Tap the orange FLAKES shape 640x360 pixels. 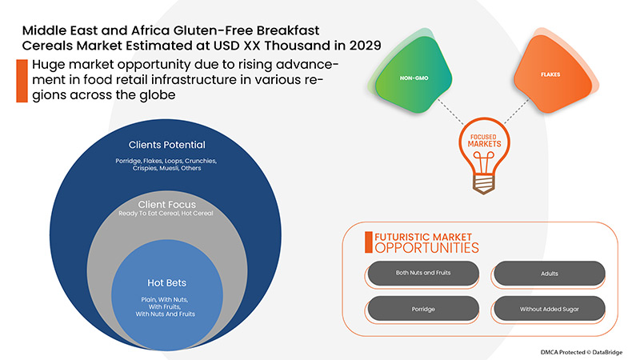click(x=551, y=74)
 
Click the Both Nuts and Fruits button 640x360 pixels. click(x=423, y=273)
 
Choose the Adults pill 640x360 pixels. click(x=549, y=273)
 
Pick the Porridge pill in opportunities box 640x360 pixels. click(x=423, y=307)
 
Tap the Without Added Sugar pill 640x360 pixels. click(x=549, y=307)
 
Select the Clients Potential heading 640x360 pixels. click(x=167, y=145)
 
